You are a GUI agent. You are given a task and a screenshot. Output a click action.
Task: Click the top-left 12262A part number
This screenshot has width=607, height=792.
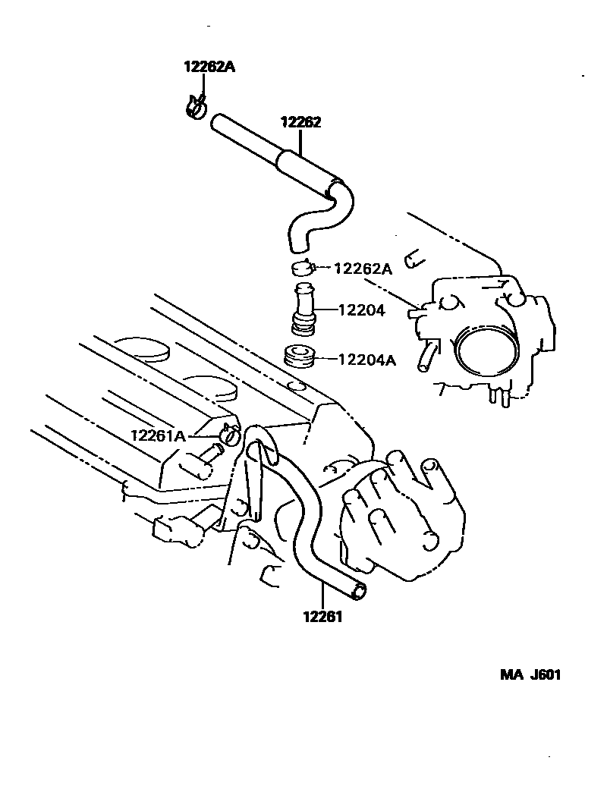[x=209, y=67]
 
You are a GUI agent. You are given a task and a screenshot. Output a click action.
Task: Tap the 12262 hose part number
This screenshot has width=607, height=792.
[x=301, y=122]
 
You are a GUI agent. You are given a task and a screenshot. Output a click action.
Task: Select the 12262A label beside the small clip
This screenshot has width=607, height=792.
[x=363, y=268]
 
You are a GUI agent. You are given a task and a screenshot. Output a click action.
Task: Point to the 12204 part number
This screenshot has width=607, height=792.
[x=361, y=310]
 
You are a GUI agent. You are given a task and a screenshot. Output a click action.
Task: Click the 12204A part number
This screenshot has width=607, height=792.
[x=366, y=360]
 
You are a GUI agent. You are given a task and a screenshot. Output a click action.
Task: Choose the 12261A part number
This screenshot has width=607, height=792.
[x=158, y=435]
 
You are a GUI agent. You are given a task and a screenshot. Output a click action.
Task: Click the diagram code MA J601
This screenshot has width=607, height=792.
[x=530, y=675]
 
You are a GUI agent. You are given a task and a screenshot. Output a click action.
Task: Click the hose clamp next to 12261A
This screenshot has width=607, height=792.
[x=229, y=435]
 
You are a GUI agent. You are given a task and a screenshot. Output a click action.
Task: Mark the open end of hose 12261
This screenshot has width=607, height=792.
[x=357, y=590]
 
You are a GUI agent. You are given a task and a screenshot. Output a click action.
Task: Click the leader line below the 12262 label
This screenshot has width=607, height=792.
[x=301, y=143]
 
